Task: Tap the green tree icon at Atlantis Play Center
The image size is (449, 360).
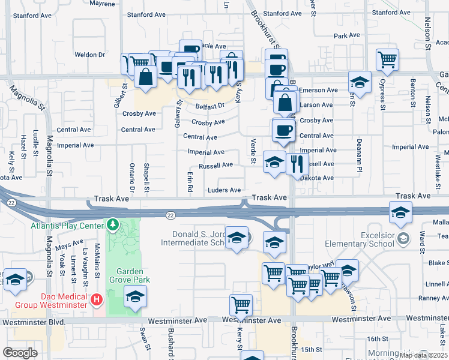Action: pos(112,225)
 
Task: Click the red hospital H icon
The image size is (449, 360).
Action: pos(95,298)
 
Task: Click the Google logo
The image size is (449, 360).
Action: pos(20,352)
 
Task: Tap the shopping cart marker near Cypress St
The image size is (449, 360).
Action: pos(387,59)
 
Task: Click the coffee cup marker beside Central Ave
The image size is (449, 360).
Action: pos(284,129)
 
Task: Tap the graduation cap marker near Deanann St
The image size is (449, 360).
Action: pos(360,82)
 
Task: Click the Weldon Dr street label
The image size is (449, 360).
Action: pos(90,55)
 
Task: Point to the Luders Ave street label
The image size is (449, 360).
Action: pos(224,190)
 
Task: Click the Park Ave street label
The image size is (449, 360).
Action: pos(346,36)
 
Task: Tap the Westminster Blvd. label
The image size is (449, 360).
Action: pos(33,322)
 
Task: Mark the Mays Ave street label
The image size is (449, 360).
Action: pos(69,245)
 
